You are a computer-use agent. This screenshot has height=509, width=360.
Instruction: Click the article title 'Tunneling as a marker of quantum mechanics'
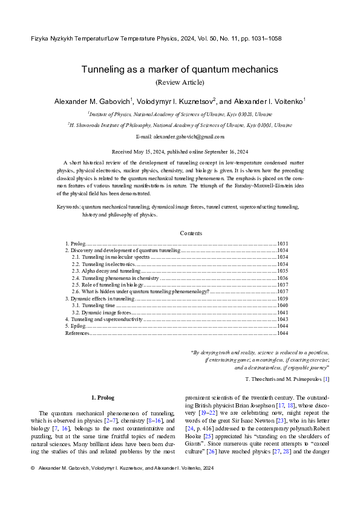[180, 70]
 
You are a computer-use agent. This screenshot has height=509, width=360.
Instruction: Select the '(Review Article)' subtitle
[180, 82]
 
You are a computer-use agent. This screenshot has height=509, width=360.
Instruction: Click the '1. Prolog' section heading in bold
[102, 397]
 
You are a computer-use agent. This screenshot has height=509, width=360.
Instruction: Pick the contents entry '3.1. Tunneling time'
[93, 305]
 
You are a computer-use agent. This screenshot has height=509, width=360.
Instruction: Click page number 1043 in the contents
[282, 319]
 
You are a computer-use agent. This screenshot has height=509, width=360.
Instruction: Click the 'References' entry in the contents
[77, 332]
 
